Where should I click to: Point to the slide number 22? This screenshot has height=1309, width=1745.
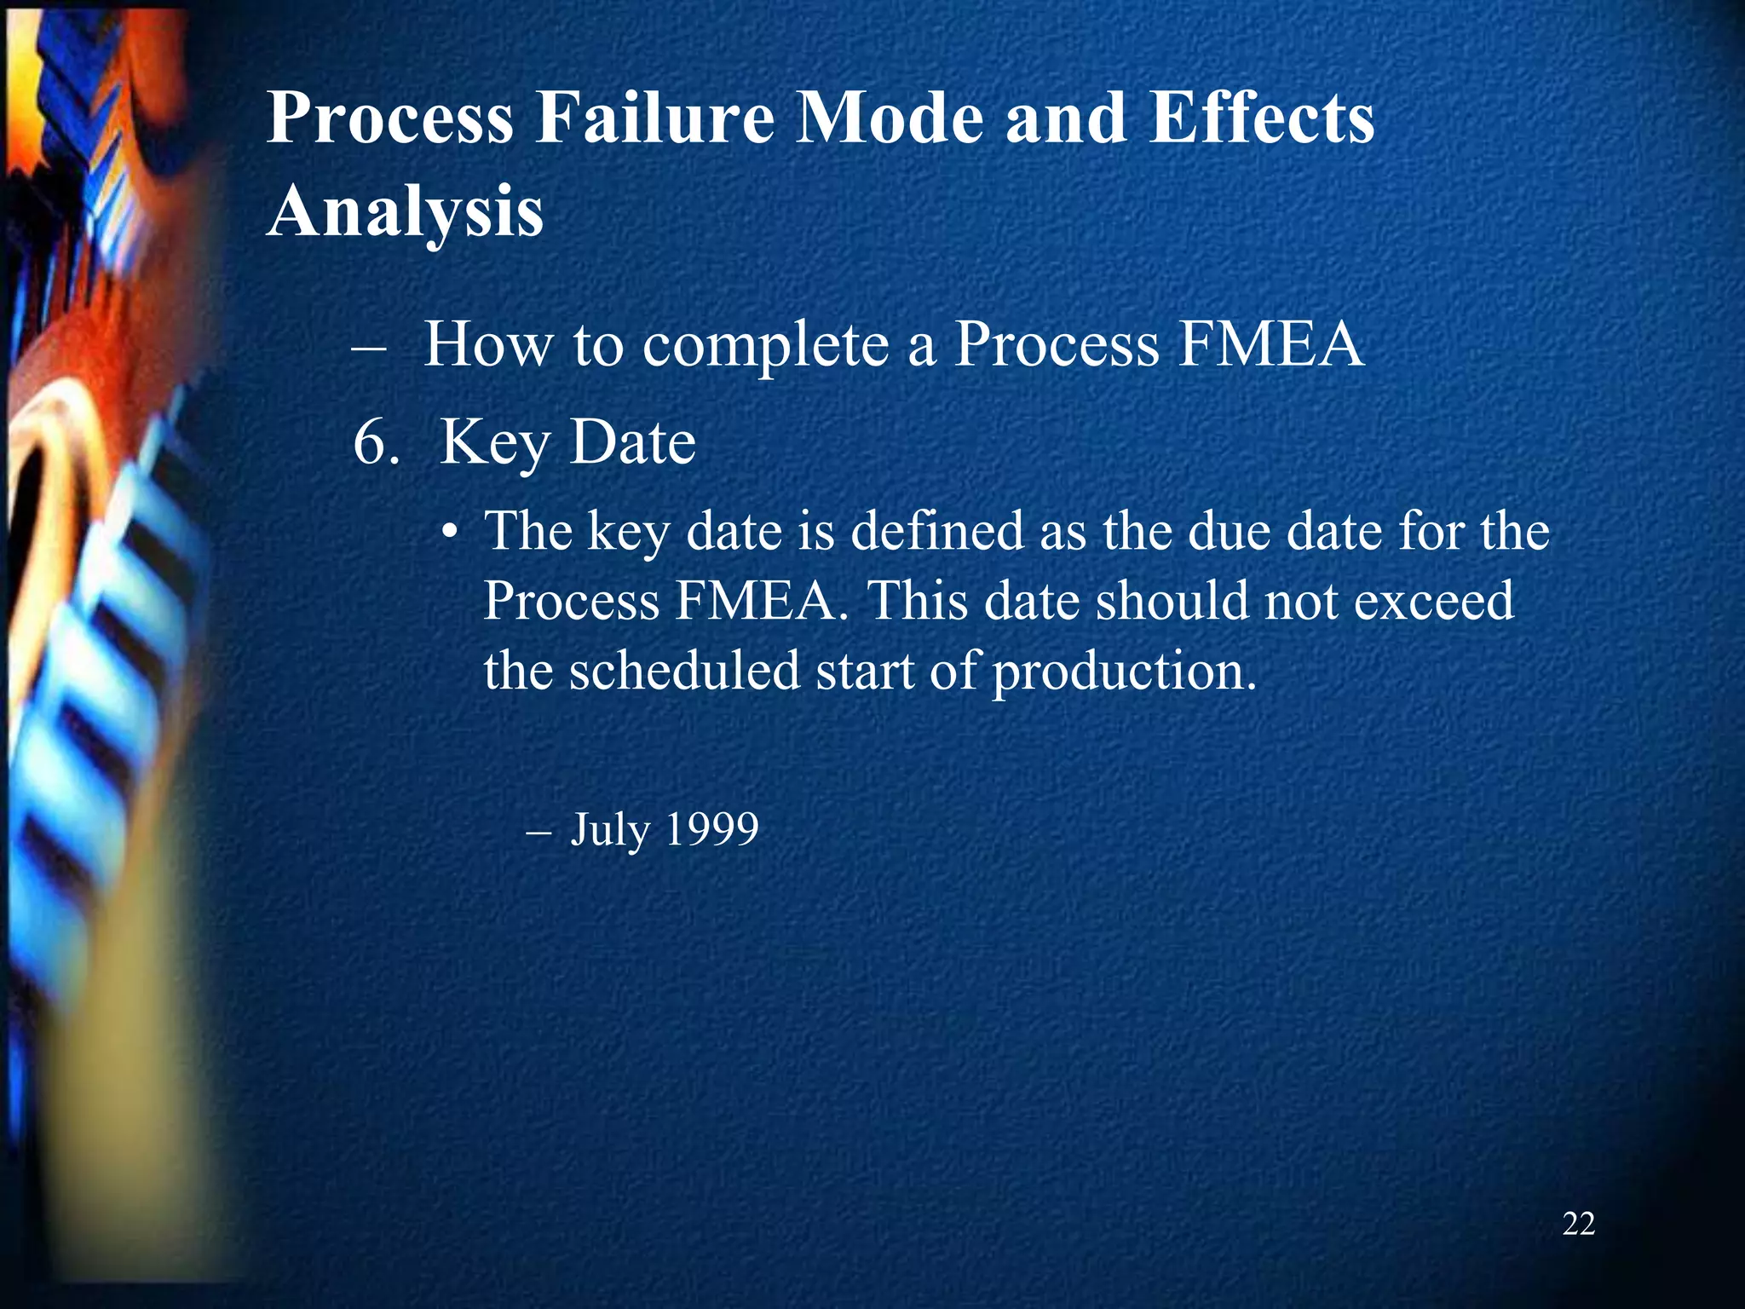tap(1578, 1224)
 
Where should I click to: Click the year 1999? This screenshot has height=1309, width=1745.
tap(711, 828)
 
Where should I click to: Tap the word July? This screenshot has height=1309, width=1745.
tap(610, 830)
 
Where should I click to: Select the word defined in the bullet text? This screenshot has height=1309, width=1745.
tap(937, 531)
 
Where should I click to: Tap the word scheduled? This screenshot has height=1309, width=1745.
tap(685, 671)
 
